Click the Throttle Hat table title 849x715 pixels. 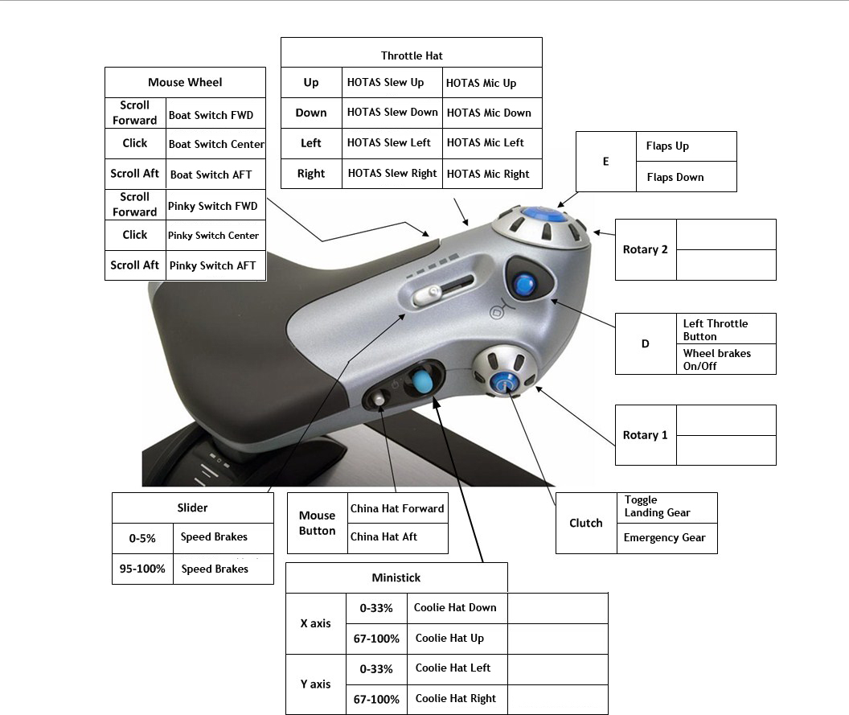412,55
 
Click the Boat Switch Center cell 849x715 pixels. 216,144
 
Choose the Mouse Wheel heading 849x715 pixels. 185,82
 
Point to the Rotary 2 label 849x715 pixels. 646,249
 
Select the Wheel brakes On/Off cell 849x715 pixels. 717,360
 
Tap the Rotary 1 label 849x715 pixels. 646,435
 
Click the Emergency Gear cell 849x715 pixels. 665,538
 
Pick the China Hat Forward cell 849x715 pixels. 397,508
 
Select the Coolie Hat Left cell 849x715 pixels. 453,668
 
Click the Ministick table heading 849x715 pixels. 396,577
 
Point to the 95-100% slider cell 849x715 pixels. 142,569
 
